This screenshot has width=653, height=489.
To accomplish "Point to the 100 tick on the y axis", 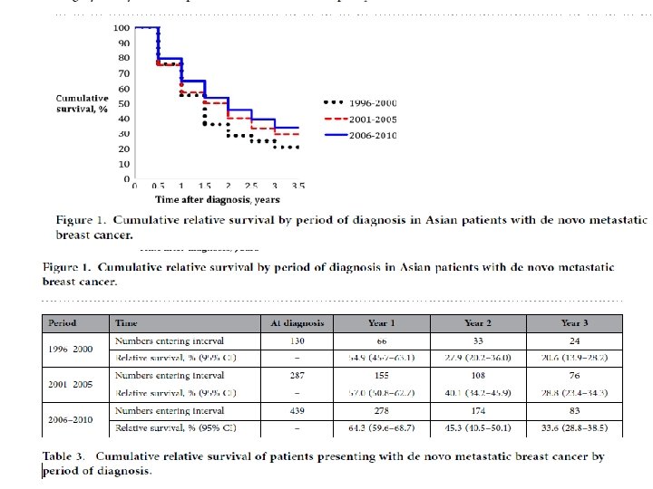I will pyautogui.click(x=121, y=28).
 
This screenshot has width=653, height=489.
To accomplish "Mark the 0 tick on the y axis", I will pyautogui.click(x=126, y=178).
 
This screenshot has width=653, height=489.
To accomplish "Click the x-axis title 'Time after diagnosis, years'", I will pyautogui.click(x=217, y=199).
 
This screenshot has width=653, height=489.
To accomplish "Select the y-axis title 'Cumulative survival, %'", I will pyautogui.click(x=83, y=103).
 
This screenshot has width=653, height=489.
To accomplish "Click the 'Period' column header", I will pyautogui.click(x=63, y=322).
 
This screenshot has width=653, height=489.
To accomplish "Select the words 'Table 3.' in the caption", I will pyautogui.click(x=68, y=456).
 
